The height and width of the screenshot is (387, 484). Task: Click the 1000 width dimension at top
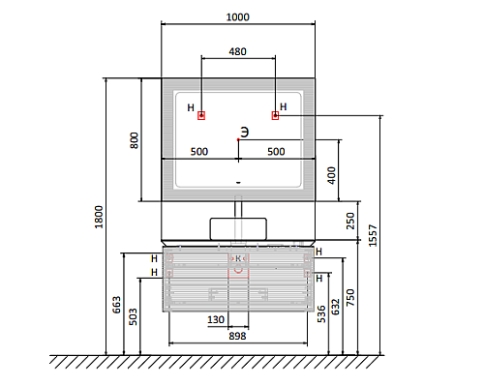(x=238, y=16)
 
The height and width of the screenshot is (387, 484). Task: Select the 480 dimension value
(x=238, y=51)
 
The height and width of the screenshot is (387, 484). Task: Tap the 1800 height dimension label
(x=99, y=217)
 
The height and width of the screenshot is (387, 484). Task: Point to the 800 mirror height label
(x=134, y=140)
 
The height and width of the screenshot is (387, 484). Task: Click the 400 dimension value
(x=331, y=175)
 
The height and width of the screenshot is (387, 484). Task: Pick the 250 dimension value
(x=350, y=221)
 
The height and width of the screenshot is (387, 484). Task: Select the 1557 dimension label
(x=373, y=236)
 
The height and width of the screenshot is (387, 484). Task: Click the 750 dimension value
(x=350, y=297)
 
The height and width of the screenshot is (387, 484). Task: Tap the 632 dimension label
(x=336, y=307)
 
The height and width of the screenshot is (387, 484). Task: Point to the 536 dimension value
(x=321, y=314)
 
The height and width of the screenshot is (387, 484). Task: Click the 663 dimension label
(x=116, y=305)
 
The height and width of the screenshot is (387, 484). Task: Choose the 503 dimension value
(x=133, y=316)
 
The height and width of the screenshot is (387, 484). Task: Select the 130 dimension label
(x=216, y=319)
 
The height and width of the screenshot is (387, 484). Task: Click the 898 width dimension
(x=237, y=336)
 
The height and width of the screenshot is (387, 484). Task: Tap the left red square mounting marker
(x=201, y=115)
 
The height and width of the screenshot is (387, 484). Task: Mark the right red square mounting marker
(x=275, y=115)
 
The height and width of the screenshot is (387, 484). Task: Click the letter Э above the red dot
(x=245, y=133)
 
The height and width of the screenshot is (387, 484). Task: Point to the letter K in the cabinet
(x=238, y=258)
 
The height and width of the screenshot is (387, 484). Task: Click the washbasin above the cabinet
(x=238, y=229)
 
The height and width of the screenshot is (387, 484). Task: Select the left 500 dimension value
(x=199, y=152)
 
